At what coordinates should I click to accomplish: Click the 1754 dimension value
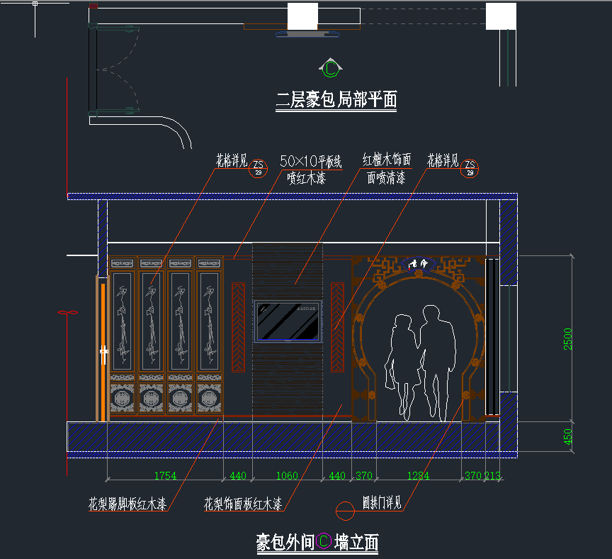coord(164,476)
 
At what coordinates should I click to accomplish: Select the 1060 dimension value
coord(287,476)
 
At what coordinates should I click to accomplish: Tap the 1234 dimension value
coord(418,476)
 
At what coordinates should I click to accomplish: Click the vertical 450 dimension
coord(567,436)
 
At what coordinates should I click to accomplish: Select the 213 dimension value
coord(493,476)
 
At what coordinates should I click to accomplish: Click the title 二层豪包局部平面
coord(336,99)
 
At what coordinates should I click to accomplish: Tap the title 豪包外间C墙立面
coord(317,543)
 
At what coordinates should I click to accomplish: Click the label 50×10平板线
coord(311,160)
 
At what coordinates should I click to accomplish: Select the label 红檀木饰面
coord(387,160)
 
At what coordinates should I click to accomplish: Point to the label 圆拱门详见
coord(382,503)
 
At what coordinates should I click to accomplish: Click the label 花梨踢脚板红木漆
coord(127,505)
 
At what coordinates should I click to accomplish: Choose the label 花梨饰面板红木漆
coord(243,504)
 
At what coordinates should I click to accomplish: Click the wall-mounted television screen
coord(288,320)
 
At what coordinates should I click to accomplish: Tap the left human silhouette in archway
coord(402,362)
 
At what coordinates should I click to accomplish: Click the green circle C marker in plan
coord(331,68)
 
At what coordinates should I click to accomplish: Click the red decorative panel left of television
coord(239,327)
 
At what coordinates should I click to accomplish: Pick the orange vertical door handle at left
coord(103,351)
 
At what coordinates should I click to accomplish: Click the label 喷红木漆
coord(306,179)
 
